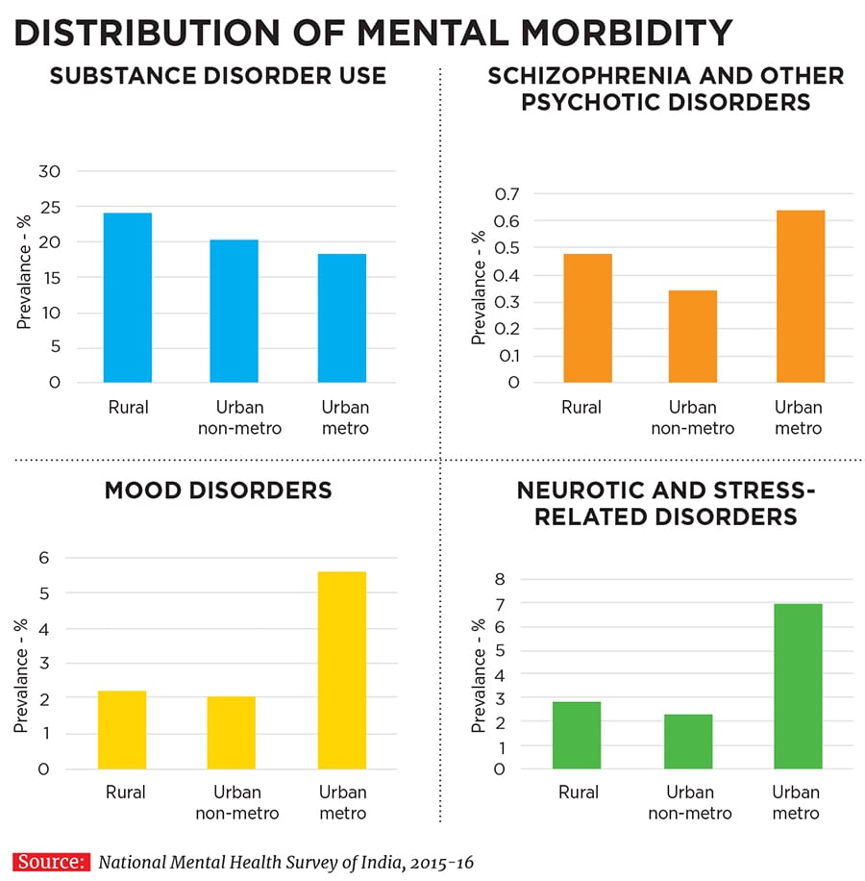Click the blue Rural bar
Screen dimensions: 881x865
(x=128, y=297)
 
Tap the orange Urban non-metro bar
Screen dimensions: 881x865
(x=692, y=336)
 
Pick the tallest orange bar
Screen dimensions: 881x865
(x=800, y=295)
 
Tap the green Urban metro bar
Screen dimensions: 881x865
(x=798, y=686)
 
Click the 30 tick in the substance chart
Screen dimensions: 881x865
(x=48, y=171)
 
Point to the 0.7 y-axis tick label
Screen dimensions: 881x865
(x=506, y=194)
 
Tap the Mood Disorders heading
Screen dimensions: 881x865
(x=217, y=490)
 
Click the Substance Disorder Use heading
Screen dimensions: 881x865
(x=217, y=76)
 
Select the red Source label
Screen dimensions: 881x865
(x=51, y=862)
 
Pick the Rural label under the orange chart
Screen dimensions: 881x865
(x=581, y=407)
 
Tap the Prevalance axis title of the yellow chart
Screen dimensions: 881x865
(x=21, y=664)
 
